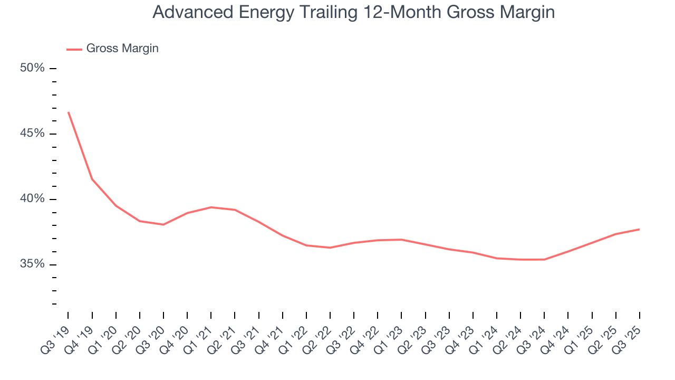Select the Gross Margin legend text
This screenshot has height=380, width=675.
122,49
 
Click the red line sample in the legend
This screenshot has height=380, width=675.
74,49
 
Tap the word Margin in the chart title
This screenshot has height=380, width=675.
528,12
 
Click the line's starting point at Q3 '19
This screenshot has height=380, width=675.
69,112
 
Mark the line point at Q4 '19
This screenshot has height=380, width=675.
92,179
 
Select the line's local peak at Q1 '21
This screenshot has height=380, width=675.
211,207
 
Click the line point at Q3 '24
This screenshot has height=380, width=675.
544,259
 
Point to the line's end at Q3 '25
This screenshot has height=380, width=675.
639,229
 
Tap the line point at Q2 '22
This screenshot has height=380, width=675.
330,248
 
